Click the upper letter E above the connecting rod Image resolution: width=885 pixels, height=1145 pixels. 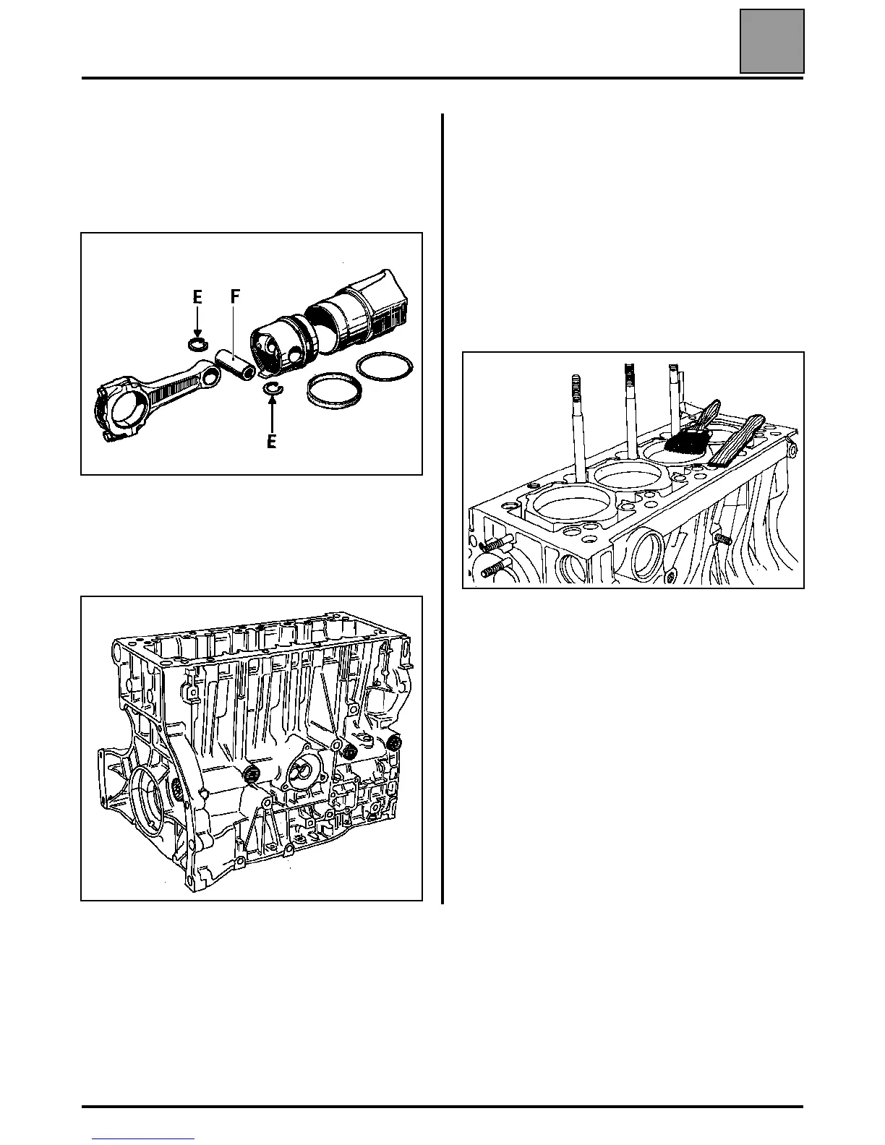(x=197, y=297)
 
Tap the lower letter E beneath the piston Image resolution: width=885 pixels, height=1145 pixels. (x=271, y=441)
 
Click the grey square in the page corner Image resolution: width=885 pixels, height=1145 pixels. (x=771, y=41)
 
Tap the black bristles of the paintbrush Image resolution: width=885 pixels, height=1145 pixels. (x=685, y=442)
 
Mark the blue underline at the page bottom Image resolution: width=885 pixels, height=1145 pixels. (x=144, y=1140)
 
